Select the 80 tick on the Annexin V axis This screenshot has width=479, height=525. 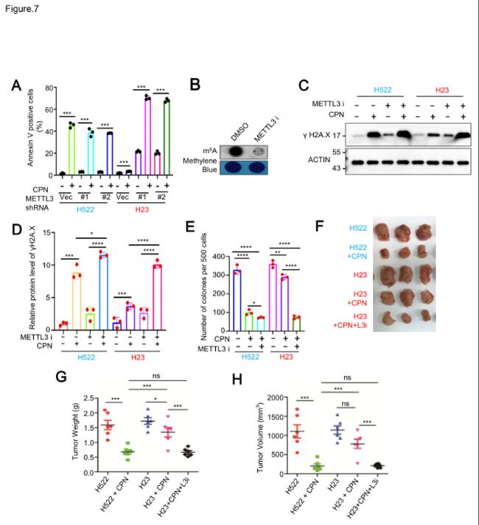[52, 88]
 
